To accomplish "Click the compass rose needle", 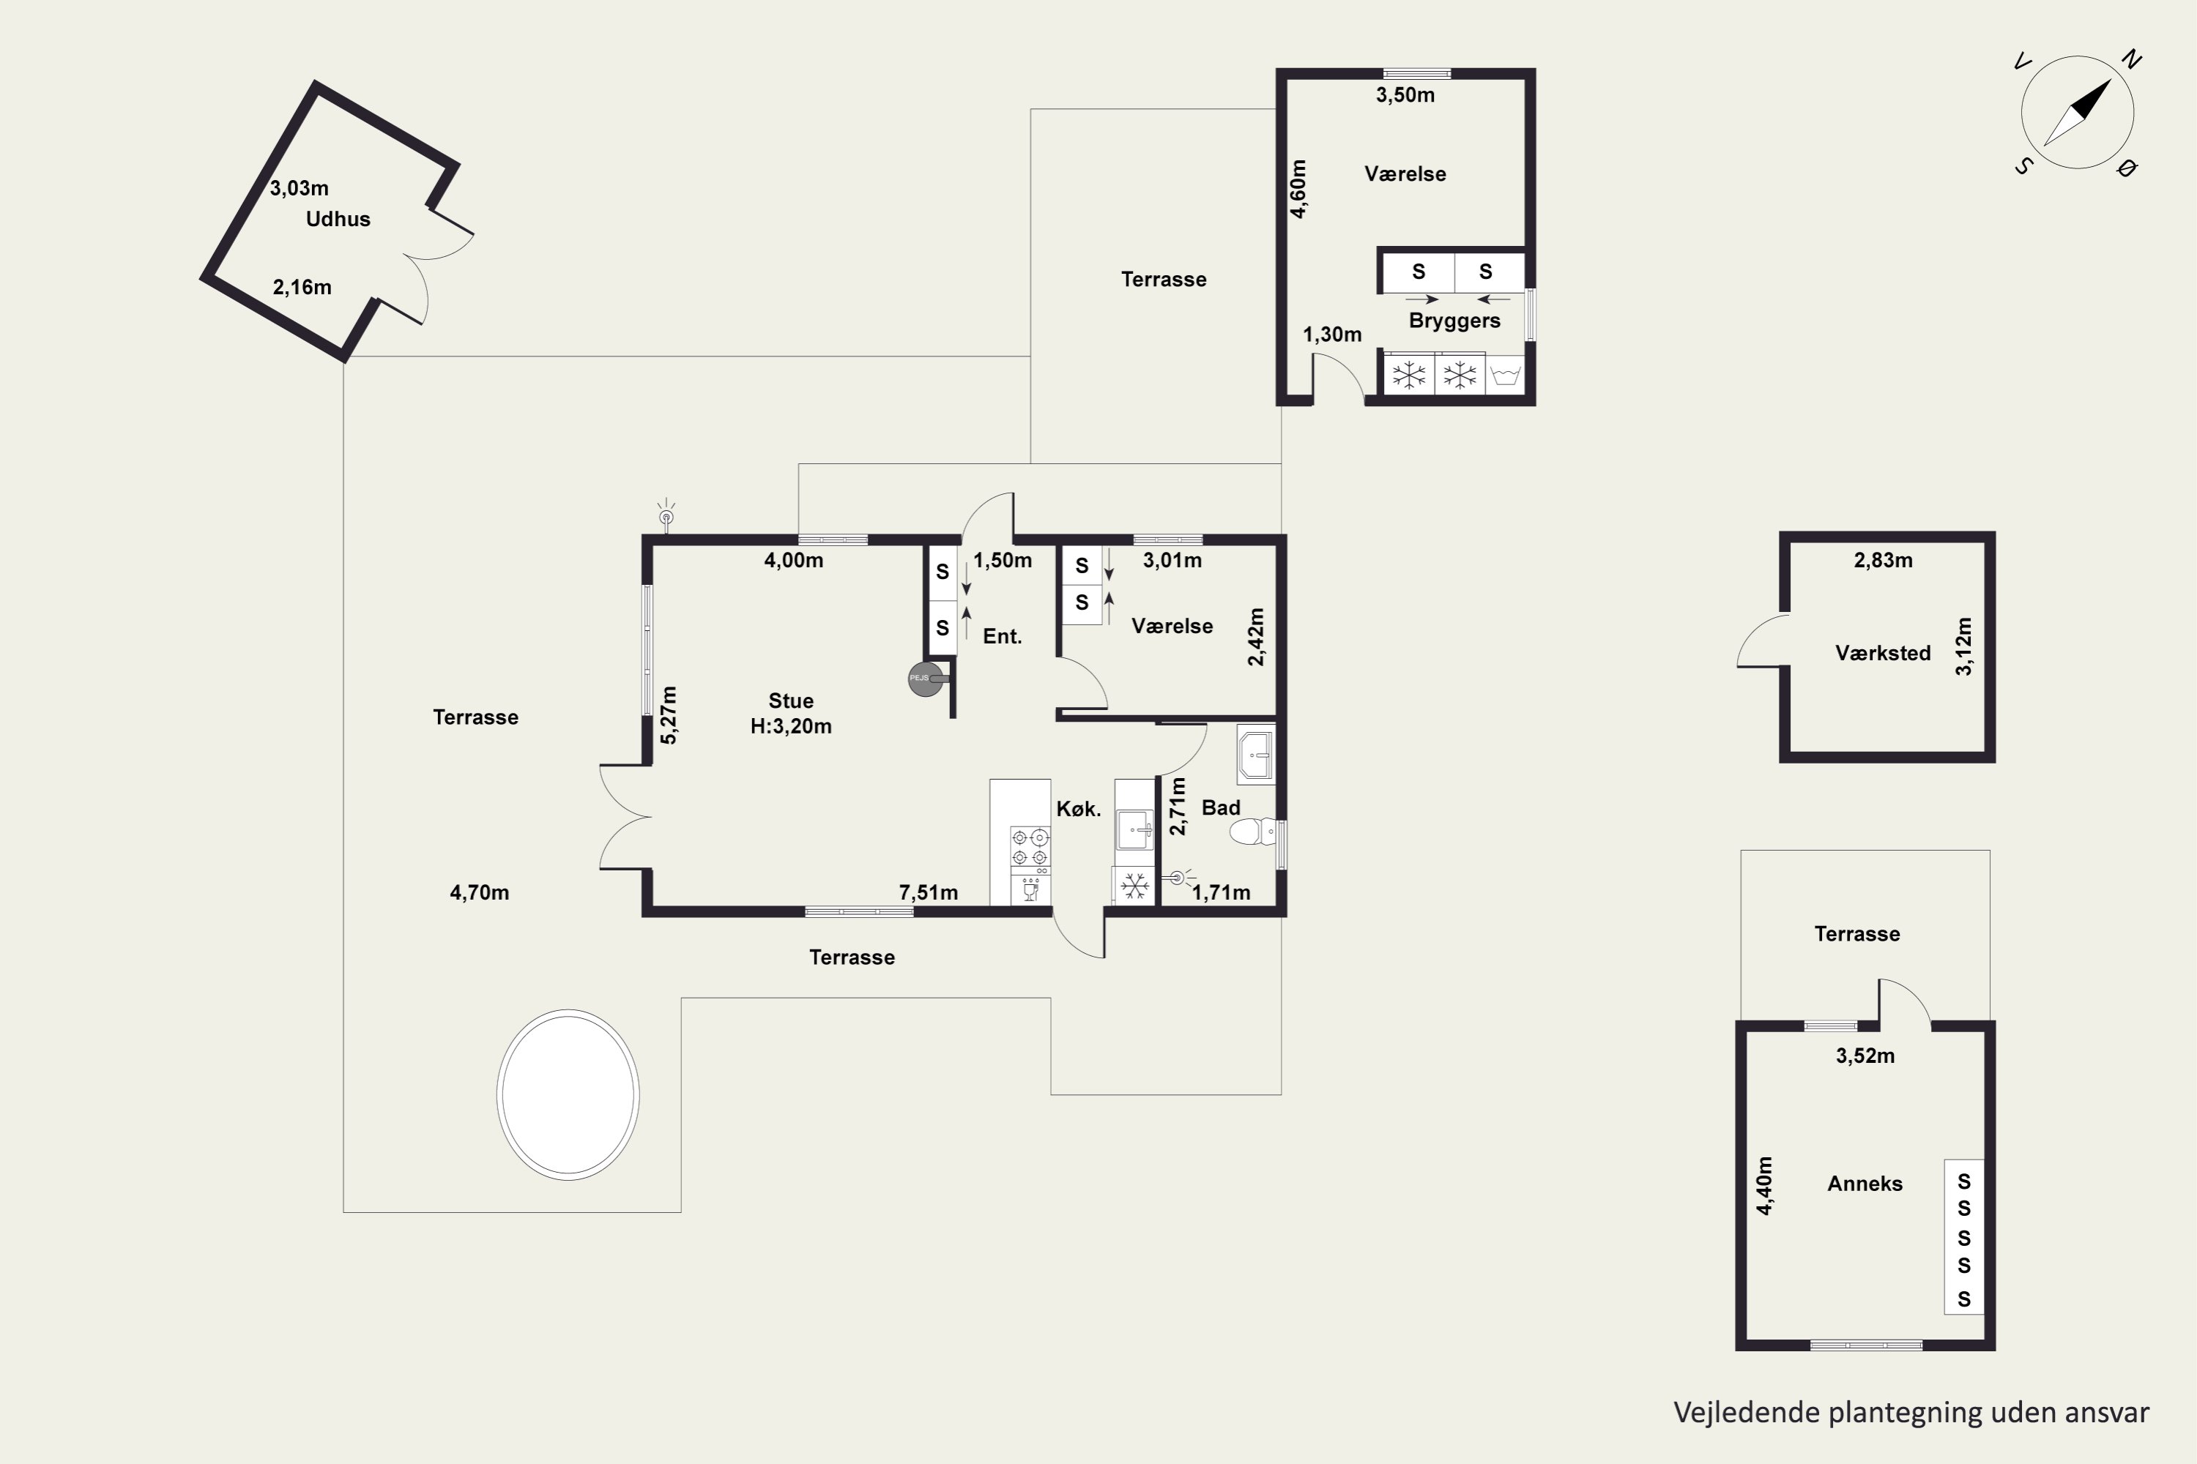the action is pos(2078,113).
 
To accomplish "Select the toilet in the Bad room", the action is pos(1252,831).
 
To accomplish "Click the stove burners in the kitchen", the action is pos(1030,846).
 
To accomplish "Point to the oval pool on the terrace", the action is pos(568,1094).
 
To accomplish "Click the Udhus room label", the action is pos(338,220).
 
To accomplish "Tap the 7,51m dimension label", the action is pos(929,892).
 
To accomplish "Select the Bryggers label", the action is pos(1454,321).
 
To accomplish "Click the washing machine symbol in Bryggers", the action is pos(1505,376).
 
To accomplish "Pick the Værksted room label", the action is pos(1883,654).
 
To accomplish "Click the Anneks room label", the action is pos(1865,1184).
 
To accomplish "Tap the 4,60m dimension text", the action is pos(1298,189).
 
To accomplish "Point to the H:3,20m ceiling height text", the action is pos(791,726).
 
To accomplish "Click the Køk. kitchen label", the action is pos(1079,810).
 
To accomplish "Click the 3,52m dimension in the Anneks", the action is pos(1865,1056).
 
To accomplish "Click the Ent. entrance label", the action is pos(1003,637).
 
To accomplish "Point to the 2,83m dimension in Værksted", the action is pos(1883,560).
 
